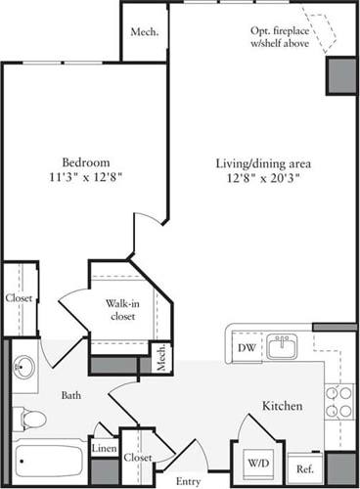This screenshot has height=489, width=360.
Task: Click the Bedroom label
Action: [86, 161]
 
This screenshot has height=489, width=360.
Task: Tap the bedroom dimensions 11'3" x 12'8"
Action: [86, 178]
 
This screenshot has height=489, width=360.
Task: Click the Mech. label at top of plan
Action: [144, 32]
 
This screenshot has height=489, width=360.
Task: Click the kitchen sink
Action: [283, 345]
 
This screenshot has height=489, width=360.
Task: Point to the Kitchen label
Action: [281, 405]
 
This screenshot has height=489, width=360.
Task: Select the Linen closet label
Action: [103, 448]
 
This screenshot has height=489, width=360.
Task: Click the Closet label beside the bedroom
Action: [18, 298]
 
